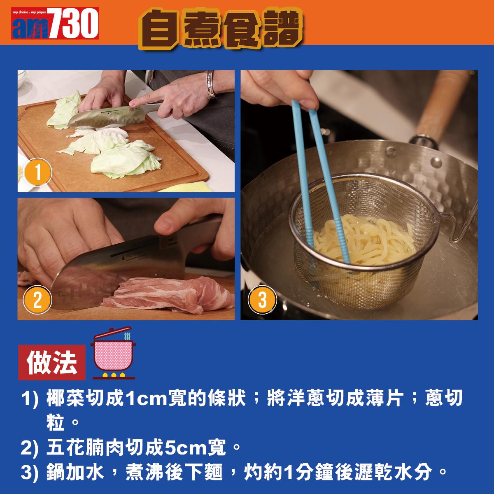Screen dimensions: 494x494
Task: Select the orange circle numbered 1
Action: click(x=38, y=173)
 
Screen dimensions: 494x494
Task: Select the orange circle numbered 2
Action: click(x=38, y=301)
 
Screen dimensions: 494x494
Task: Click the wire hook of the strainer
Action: click(x=457, y=231)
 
